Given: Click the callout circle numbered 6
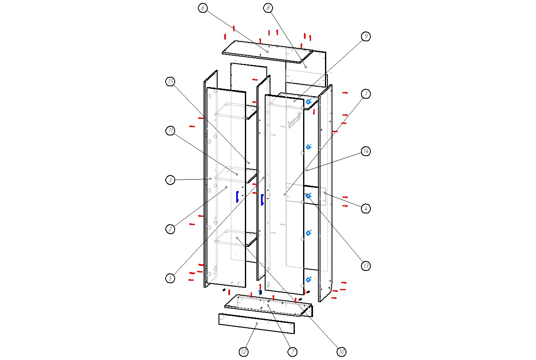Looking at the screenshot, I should [x=202, y=8].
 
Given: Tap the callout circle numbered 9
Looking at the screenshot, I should [x=365, y=37].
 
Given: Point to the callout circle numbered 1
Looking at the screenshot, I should [x=365, y=94].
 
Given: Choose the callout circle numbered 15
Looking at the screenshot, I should [x=170, y=82].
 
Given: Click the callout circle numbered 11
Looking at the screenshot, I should [x=170, y=131].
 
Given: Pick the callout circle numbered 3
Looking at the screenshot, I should [x=170, y=180].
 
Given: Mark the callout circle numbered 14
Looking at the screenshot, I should [x=365, y=152].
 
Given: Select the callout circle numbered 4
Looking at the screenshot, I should [x=365, y=208].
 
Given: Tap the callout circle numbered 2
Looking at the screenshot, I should [x=170, y=229].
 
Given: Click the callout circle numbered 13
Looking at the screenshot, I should [x=365, y=266].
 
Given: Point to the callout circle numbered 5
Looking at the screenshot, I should [x=170, y=278].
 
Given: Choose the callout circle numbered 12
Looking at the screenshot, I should [x=244, y=352].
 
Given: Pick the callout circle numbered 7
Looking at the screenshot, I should [x=292, y=352].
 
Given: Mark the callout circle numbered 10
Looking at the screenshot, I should [x=341, y=352].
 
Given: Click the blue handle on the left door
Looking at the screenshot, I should [x=237, y=197].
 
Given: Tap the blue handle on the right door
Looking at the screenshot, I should [x=262, y=200].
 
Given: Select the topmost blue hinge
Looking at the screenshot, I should [x=308, y=101].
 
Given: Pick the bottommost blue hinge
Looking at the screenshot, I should [x=308, y=279].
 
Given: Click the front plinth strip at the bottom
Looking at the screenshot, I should [x=256, y=323].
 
